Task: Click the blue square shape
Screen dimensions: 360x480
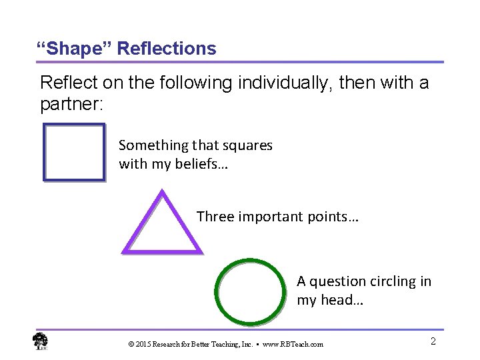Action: tap(74, 153)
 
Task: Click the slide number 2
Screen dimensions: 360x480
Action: tap(433, 341)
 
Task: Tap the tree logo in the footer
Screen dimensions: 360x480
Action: tap(41, 341)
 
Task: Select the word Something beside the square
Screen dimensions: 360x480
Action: tap(154, 145)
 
